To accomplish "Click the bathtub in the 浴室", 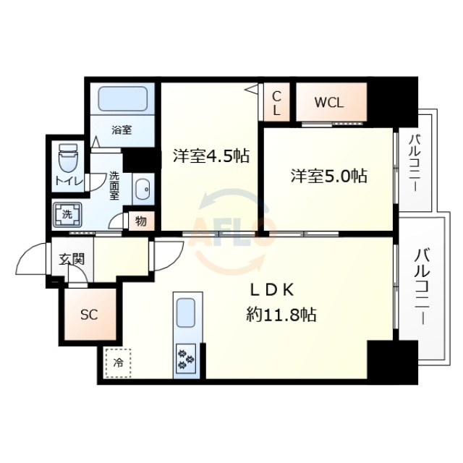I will pyautogui.click(x=122, y=98).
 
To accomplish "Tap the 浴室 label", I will pyautogui.click(x=122, y=130).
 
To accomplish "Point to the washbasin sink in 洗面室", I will pyautogui.click(x=142, y=189).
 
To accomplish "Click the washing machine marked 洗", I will pyautogui.click(x=67, y=215).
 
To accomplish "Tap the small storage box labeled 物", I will pyautogui.click(x=140, y=221).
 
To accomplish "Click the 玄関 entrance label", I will pyautogui.click(x=72, y=258).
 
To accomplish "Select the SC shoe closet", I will pyautogui.click(x=88, y=314).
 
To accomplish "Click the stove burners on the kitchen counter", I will pyautogui.click(x=187, y=358).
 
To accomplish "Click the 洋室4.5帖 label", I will pyautogui.click(x=211, y=156).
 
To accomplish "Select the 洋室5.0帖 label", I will pyautogui.click(x=328, y=175).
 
